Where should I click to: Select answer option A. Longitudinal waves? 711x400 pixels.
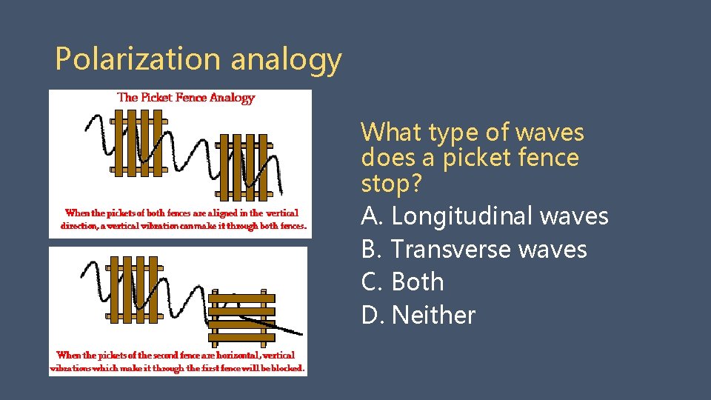(484, 216)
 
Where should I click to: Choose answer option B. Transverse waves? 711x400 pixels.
(474, 250)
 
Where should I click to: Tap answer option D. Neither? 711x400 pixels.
(418, 316)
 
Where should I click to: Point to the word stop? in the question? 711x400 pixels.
(390, 183)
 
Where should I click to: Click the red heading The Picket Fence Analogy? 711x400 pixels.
(186, 97)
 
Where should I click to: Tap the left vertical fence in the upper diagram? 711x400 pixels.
(138, 144)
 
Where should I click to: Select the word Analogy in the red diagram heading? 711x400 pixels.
(232, 97)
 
